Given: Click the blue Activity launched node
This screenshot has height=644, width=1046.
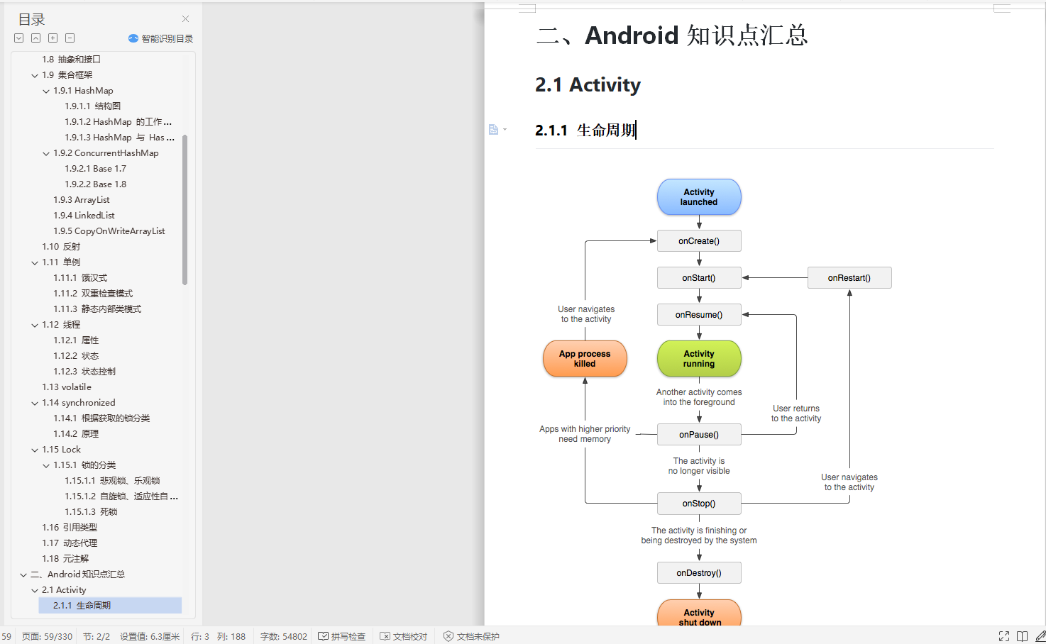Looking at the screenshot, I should (x=699, y=197).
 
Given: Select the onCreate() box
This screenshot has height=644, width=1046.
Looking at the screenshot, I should (x=699, y=241).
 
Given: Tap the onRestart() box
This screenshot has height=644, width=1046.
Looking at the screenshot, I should (x=849, y=278).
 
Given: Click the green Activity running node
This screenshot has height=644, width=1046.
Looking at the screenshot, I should (x=699, y=359).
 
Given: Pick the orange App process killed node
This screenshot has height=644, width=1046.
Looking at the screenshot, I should (x=585, y=359).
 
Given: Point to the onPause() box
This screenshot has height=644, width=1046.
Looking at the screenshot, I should (x=699, y=435).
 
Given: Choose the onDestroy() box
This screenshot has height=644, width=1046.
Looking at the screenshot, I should (x=699, y=573).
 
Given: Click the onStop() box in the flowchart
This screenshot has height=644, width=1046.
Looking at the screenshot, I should (x=699, y=504).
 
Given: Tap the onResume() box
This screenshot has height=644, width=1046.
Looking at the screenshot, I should (x=699, y=315).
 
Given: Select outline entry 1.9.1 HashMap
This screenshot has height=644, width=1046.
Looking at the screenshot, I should (x=83, y=91).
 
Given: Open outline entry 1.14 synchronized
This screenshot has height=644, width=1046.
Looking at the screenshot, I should (x=78, y=403).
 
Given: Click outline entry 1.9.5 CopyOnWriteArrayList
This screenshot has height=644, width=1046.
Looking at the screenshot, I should (x=109, y=231).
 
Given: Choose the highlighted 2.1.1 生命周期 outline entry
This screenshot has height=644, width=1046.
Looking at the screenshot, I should (x=82, y=606).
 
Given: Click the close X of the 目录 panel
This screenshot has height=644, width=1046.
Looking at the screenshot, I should (x=185, y=19).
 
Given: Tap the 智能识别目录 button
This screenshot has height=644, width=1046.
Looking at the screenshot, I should (x=161, y=38).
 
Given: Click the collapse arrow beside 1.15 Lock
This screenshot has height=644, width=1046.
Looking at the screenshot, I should (x=35, y=450).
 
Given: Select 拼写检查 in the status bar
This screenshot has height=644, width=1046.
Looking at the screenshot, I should (x=342, y=636).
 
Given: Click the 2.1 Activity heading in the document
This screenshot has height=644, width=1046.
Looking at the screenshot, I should (x=588, y=85).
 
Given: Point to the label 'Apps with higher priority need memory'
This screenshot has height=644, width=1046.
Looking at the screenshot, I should (x=585, y=434).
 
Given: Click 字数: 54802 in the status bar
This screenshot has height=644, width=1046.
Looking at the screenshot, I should (x=283, y=636).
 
